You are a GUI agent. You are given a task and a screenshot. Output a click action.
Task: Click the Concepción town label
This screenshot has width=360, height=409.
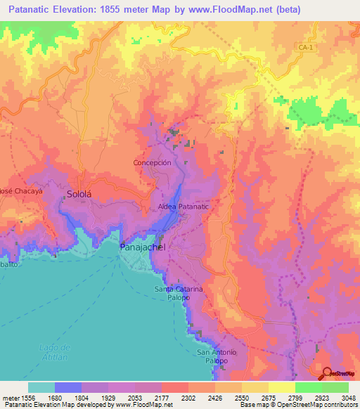(x=152, y=162)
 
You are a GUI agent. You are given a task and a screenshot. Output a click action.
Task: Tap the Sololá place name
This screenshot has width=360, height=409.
(x=79, y=192)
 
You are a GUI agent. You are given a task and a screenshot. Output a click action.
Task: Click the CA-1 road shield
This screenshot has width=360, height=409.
(x=303, y=46)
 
